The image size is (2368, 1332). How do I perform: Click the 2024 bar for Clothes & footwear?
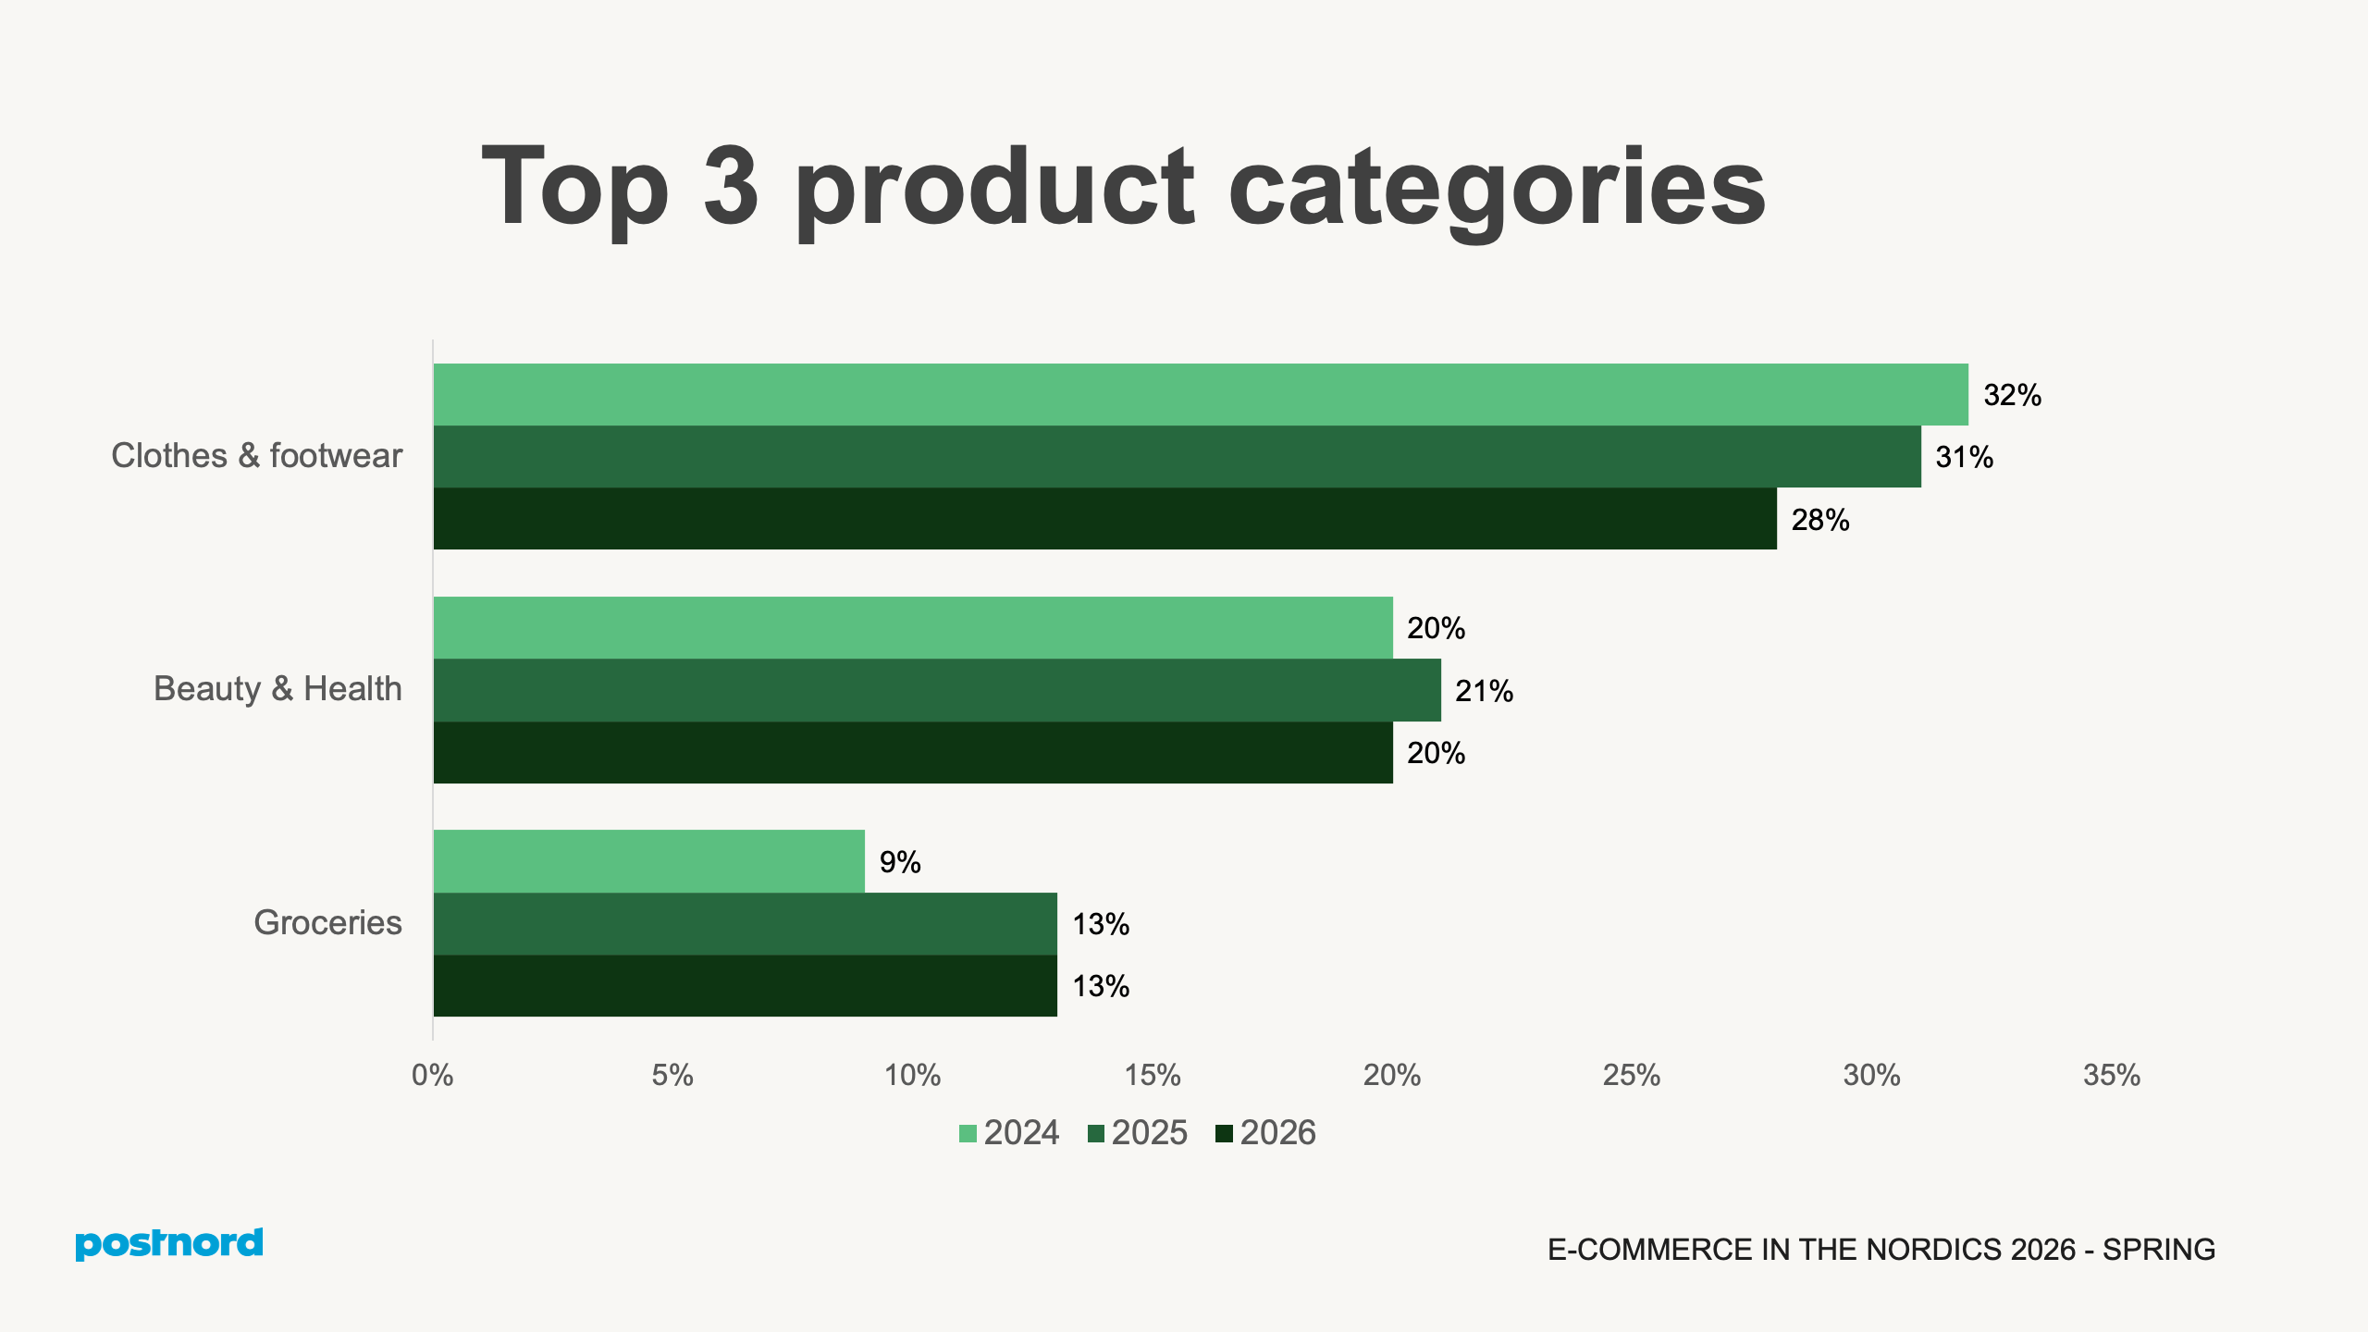point(1200,395)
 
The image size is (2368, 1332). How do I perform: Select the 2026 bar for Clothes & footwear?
point(1104,519)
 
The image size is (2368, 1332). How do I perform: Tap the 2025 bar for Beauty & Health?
point(936,690)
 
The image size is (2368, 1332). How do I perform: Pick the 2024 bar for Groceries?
point(648,861)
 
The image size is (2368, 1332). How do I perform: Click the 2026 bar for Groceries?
point(745,986)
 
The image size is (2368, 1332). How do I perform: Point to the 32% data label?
point(2012,396)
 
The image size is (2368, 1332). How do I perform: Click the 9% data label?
point(900,862)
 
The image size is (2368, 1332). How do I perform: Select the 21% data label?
point(1484,691)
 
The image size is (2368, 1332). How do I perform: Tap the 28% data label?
point(1820,520)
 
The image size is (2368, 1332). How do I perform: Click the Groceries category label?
point(327,923)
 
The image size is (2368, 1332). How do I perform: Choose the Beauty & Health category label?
point(277,689)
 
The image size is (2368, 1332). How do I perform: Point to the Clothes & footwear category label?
point(256,456)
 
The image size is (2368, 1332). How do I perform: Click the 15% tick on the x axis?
point(1153,1075)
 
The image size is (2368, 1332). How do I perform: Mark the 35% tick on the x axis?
point(2112,1075)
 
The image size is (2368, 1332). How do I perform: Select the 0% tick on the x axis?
point(433,1075)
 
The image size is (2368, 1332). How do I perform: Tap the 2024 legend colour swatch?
point(968,1134)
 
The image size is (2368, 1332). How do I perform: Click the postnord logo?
point(169,1244)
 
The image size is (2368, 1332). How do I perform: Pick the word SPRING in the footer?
point(2159,1250)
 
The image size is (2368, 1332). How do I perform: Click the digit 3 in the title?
point(731,187)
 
